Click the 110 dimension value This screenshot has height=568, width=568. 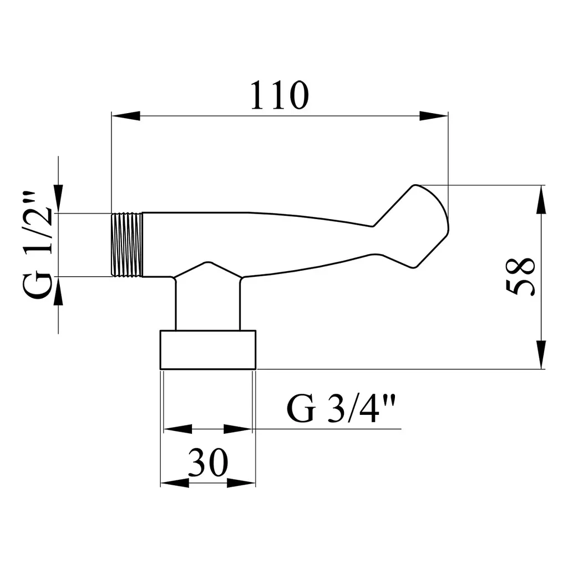[x=280, y=95]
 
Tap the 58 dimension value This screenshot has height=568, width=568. [x=520, y=276]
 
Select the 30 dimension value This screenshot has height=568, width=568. [x=208, y=462]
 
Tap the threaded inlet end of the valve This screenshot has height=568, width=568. [x=126, y=245]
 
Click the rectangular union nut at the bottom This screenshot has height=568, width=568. [x=208, y=350]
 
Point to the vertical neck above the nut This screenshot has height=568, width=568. [x=207, y=305]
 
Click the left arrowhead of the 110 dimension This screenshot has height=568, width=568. [x=126, y=116]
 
